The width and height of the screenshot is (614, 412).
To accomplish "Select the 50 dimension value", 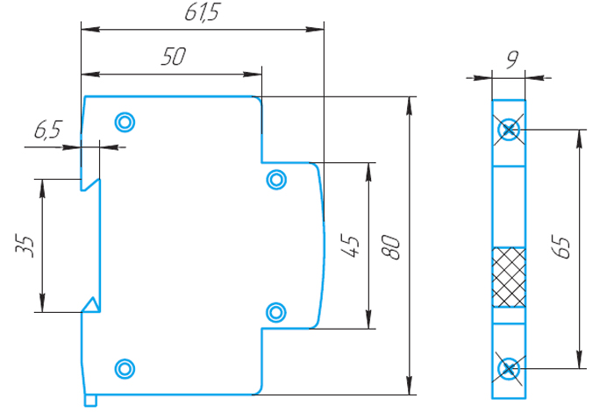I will [x=173, y=58].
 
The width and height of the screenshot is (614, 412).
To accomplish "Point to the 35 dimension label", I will [x=25, y=245].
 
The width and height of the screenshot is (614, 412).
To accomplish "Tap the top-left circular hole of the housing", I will [x=125, y=121].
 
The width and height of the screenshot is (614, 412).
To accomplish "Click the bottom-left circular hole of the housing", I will [x=125, y=368].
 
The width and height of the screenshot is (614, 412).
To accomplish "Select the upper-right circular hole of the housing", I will [x=276, y=180].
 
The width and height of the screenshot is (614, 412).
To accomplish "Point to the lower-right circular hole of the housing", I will [x=276, y=310].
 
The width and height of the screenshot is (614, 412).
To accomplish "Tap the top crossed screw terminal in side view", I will [x=509, y=131].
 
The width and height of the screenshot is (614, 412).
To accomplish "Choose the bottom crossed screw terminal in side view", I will [x=509, y=368].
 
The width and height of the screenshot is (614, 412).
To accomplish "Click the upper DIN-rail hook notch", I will [x=90, y=184].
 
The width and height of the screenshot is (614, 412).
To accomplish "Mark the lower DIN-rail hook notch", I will [x=90, y=305].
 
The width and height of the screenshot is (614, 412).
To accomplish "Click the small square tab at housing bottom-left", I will [x=90, y=401].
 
